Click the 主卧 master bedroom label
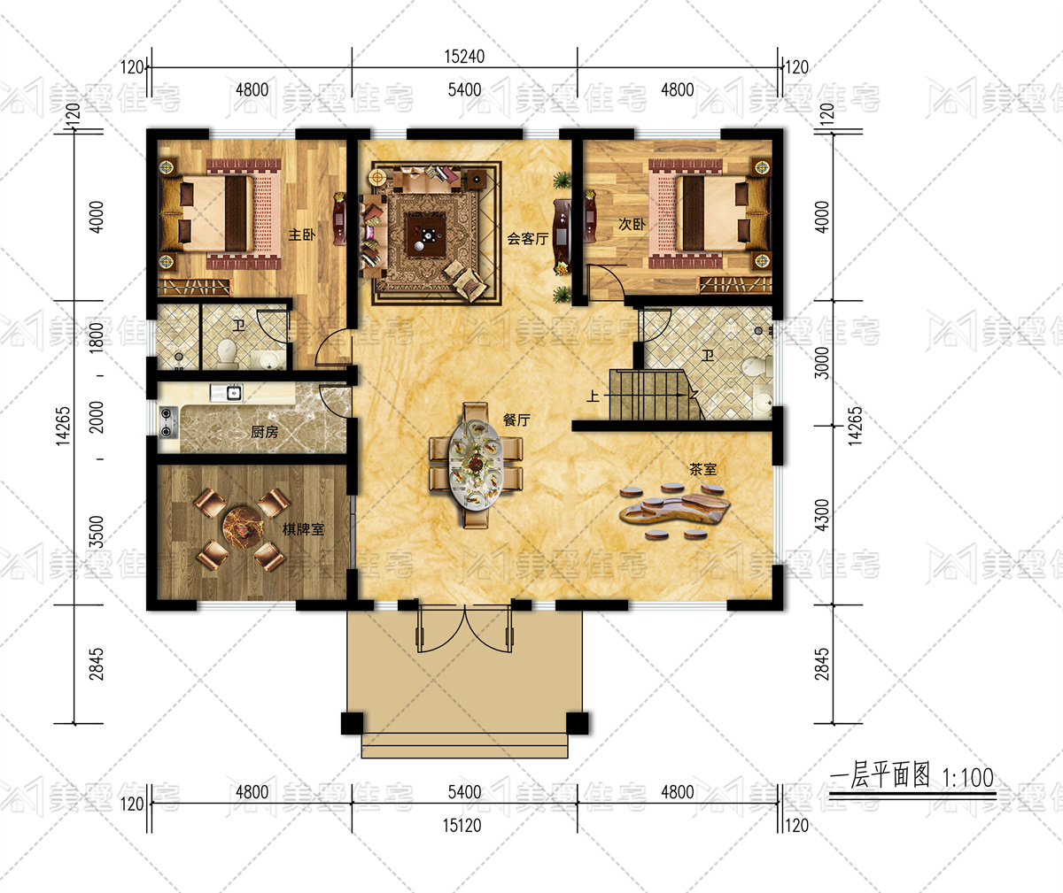click(302, 235)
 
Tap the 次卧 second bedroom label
click(632, 224)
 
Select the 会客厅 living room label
click(528, 238)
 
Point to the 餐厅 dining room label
click(516, 420)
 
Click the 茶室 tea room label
click(703, 469)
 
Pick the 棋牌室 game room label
click(304, 529)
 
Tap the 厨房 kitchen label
click(265, 432)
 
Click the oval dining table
click(475, 465)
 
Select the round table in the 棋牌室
click(244, 527)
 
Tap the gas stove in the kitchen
click(167, 422)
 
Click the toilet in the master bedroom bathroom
click(227, 353)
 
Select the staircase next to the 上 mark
click(654, 395)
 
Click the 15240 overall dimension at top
click(464, 57)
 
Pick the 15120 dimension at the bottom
click(462, 825)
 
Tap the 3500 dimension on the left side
click(97, 532)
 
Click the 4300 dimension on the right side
click(822, 515)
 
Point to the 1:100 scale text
click(968, 778)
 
